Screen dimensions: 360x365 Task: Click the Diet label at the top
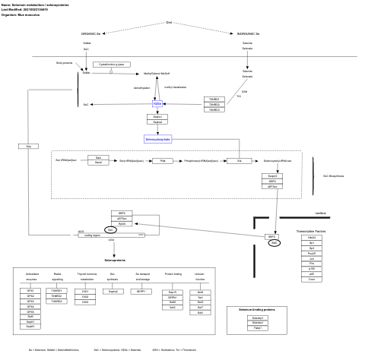coord(169,22)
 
